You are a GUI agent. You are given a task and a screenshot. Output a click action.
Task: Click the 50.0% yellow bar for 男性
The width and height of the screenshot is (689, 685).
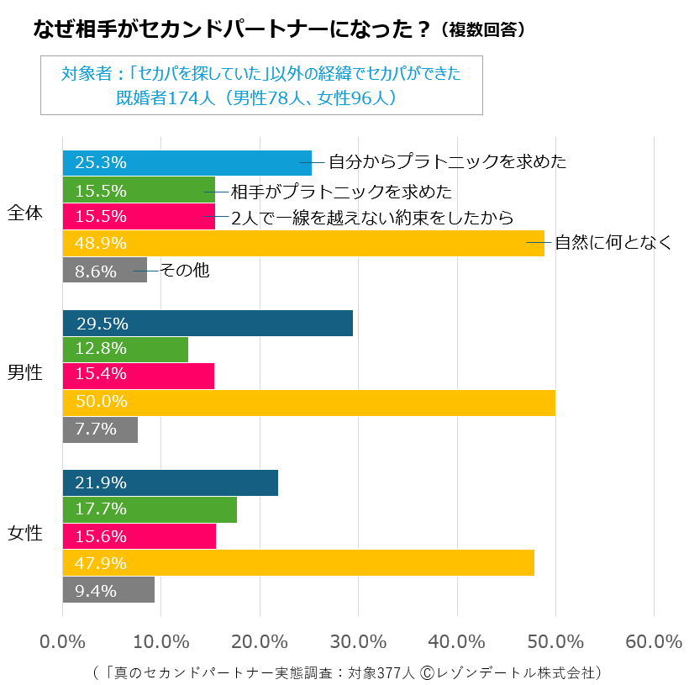pos(308,403)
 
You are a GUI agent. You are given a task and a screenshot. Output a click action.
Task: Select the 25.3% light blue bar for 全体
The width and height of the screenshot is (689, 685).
pos(187,162)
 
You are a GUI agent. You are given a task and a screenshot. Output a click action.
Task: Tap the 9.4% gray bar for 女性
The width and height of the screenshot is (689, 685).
pos(108,589)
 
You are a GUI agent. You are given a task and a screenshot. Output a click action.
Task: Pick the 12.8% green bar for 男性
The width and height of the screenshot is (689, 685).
pos(125,348)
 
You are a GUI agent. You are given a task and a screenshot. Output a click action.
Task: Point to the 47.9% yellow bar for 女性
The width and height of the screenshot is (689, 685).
pos(298,562)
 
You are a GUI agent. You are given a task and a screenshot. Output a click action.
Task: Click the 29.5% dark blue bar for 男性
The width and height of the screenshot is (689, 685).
pos(208,323)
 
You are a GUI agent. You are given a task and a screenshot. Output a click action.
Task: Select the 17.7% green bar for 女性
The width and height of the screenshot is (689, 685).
pos(150,509)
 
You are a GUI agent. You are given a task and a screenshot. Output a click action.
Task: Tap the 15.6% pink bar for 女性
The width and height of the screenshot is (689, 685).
pos(139,535)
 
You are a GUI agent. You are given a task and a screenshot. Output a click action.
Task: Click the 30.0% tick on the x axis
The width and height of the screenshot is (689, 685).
pos(358,641)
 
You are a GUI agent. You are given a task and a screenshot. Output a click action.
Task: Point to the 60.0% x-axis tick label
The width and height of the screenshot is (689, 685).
pos(654,641)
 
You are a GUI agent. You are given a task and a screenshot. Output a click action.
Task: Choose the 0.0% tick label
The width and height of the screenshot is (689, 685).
pos(63,641)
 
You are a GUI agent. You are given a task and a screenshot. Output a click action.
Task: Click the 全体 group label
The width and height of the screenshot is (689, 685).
pos(24,213)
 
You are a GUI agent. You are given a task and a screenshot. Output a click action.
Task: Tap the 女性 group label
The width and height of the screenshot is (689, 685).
pos(24,534)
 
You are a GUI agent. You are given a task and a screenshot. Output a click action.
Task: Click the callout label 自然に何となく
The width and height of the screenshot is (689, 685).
pos(613,243)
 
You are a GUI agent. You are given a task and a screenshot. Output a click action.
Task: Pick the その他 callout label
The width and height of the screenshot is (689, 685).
pos(184,270)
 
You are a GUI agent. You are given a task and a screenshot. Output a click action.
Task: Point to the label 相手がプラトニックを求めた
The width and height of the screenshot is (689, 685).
pos(341,190)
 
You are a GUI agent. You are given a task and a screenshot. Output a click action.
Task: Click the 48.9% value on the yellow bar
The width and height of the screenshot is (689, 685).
pos(101,243)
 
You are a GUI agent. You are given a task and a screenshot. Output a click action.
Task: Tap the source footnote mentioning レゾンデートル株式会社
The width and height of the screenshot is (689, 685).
pos(348,672)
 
